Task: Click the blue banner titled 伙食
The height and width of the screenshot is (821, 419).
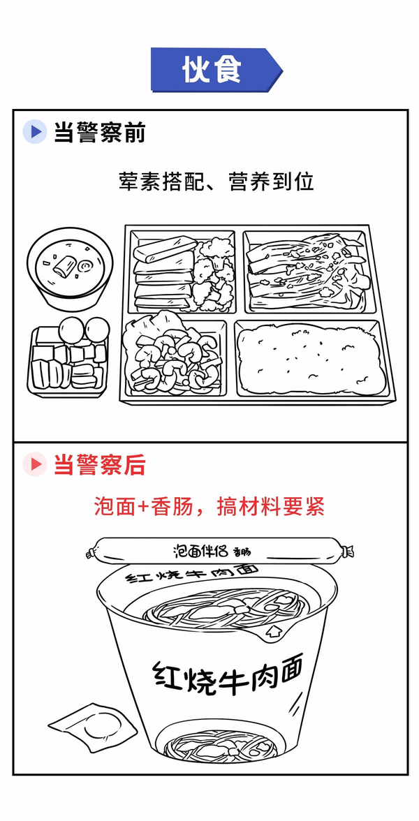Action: pos(216,70)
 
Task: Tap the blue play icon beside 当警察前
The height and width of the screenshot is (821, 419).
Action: pos(36,133)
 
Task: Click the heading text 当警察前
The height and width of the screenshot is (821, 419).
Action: pos(99,133)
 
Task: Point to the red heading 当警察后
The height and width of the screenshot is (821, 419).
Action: pos(99,464)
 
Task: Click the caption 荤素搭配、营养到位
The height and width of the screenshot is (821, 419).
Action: pos(216,182)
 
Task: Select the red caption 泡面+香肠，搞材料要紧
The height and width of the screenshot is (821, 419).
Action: pos(209,505)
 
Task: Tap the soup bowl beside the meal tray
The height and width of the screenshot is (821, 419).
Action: pos(70,267)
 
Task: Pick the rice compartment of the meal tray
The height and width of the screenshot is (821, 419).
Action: pos(312,357)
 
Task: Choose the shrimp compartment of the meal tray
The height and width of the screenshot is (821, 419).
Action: pos(173,357)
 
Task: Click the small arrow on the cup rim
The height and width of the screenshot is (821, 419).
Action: pos(272,632)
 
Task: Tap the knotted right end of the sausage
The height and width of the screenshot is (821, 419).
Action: pos(346,552)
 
